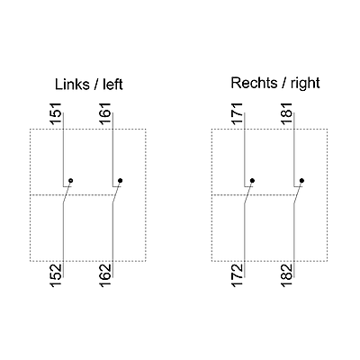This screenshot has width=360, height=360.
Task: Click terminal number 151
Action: (x=57, y=113)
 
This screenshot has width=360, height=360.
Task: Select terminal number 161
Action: (x=106, y=113)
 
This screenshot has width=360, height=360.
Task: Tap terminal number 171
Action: (x=238, y=113)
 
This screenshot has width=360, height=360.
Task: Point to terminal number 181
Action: (x=287, y=113)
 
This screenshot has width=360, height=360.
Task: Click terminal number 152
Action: (x=57, y=275)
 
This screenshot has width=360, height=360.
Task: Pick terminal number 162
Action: (x=106, y=275)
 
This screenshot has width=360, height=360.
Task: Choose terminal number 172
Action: (x=238, y=275)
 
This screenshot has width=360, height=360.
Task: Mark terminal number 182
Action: (x=287, y=275)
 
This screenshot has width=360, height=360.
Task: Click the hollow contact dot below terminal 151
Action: (x=71, y=181)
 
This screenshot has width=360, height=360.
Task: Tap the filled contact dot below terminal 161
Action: (x=121, y=181)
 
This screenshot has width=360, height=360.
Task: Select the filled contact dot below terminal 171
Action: (x=252, y=181)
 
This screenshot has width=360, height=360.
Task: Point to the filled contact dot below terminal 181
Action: (x=301, y=181)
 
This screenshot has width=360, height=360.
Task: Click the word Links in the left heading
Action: (x=72, y=85)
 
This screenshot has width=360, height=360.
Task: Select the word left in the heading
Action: (x=112, y=85)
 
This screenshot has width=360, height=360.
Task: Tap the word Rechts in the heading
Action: (x=254, y=83)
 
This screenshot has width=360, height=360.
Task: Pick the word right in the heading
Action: (x=305, y=84)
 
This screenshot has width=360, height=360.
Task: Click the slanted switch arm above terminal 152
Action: (x=67, y=193)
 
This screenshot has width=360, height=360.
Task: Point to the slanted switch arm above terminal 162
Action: (x=117, y=193)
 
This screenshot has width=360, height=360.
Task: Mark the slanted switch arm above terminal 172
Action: (x=248, y=193)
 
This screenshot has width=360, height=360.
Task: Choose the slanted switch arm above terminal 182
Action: (x=298, y=193)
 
